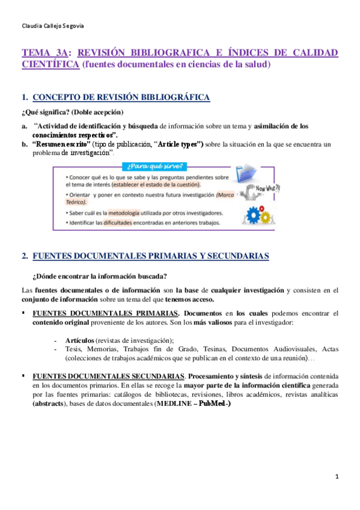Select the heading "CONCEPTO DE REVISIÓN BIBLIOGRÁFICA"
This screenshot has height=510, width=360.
coord(121,97)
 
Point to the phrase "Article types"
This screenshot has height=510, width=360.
coord(179,144)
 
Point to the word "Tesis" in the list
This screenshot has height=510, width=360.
coord(73,349)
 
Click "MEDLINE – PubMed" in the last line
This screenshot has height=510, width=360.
coord(192,404)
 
